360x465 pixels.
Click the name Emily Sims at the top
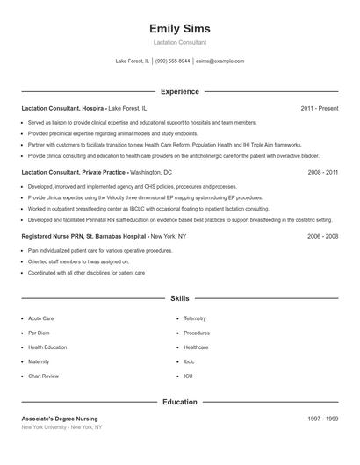coord(180,28)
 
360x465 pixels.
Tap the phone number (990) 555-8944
coord(173,61)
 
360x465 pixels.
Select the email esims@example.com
coord(220,61)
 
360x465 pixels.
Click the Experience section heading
coord(180,91)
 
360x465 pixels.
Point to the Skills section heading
coord(180,299)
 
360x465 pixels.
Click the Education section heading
coord(180,402)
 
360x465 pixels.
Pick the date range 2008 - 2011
coord(323,173)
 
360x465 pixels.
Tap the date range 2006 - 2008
coord(323,237)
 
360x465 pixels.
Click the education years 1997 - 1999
coord(323,418)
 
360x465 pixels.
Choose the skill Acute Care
coord(41,318)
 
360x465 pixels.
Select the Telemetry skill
coord(194,318)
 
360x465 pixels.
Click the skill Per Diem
coord(39,333)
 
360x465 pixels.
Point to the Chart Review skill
coord(43,376)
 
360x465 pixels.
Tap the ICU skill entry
coord(188,376)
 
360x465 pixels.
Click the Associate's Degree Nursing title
coord(60,418)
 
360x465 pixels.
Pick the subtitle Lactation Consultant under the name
coord(180,42)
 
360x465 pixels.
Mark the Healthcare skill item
coord(195,347)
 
